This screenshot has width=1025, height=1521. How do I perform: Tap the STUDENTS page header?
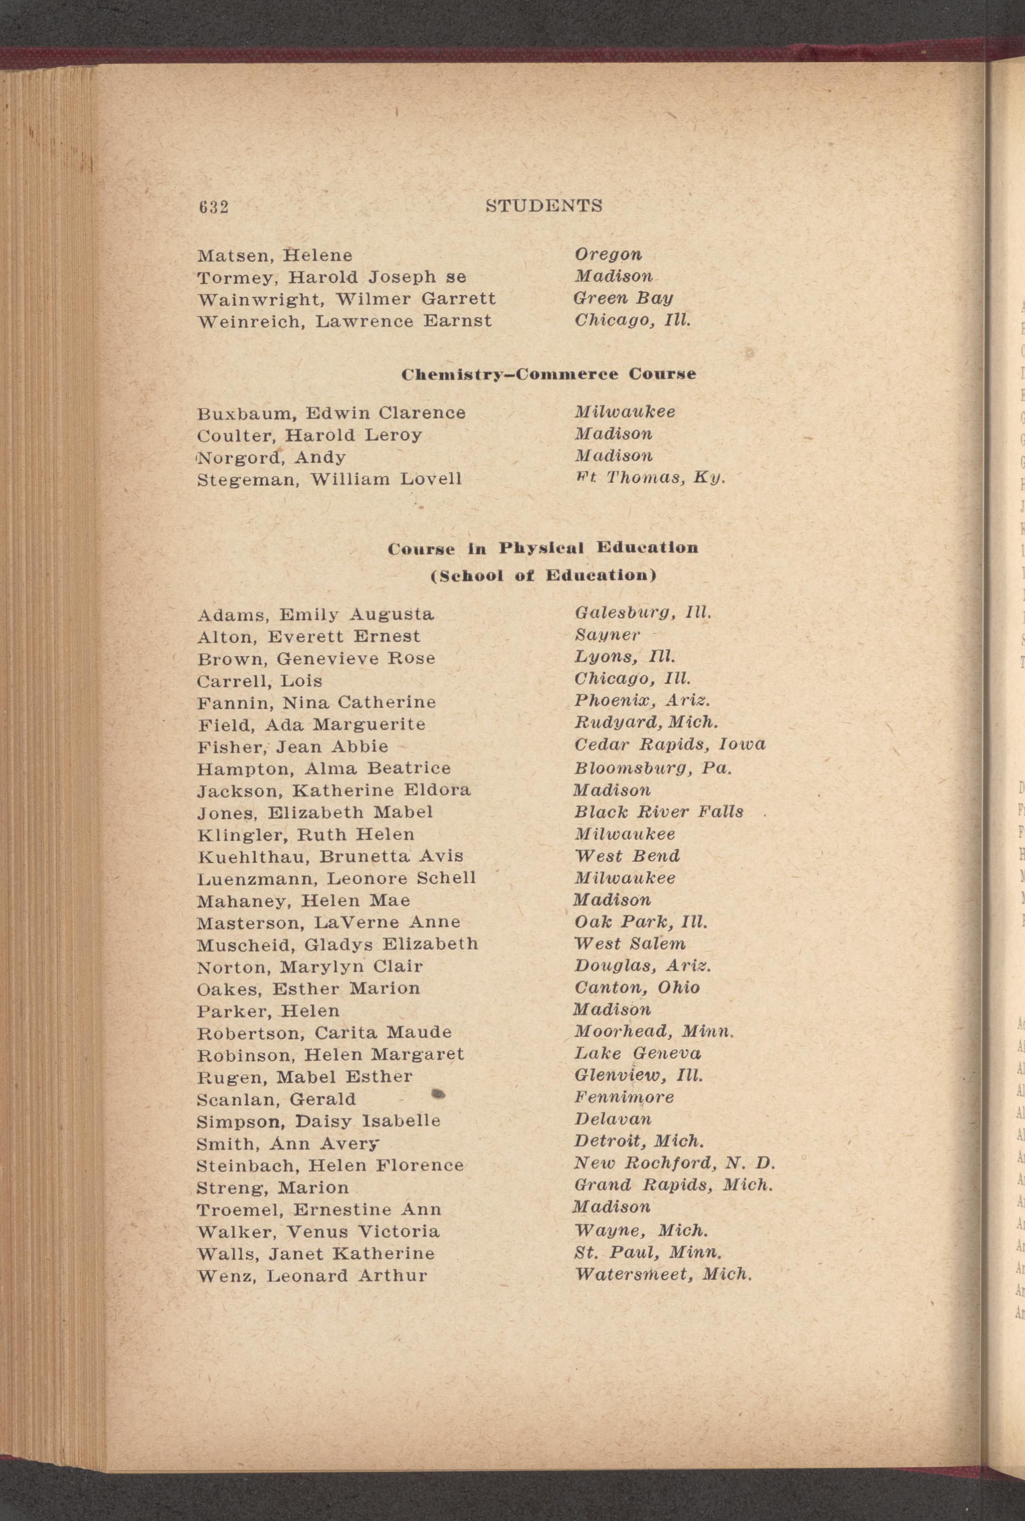click(544, 206)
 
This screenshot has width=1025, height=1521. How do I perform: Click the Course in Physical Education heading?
click(542, 547)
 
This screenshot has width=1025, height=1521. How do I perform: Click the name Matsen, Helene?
click(275, 255)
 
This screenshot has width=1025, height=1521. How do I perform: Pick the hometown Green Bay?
click(623, 298)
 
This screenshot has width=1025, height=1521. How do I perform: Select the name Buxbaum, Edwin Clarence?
click(331, 413)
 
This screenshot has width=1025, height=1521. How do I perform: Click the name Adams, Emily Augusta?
click(315, 615)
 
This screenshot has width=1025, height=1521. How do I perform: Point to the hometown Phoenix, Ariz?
click(642, 701)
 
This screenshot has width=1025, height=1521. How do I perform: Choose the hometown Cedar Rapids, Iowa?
click(669, 744)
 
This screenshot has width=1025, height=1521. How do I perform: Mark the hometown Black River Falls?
click(658, 811)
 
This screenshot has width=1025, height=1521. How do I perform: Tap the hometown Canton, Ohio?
click(637, 987)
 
